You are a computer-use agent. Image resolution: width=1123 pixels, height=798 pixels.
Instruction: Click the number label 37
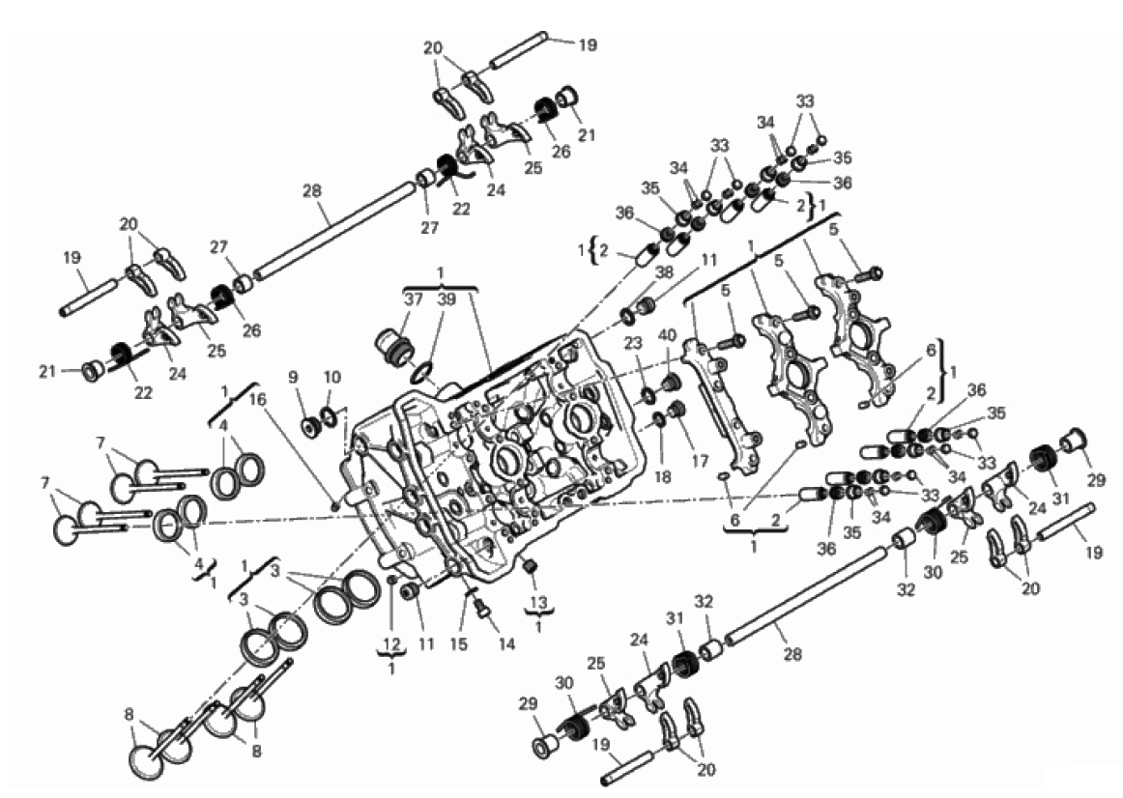(x=414, y=299)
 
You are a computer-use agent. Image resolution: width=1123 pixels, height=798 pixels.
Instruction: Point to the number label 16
(x=257, y=398)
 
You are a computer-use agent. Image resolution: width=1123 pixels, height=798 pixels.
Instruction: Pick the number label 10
(x=331, y=377)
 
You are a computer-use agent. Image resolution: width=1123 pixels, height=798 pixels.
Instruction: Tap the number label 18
(x=662, y=476)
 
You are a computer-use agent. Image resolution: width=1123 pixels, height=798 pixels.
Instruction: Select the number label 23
(x=632, y=343)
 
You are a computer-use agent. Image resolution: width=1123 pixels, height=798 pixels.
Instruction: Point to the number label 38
(x=664, y=272)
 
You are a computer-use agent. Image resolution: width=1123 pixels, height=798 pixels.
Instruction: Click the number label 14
(x=506, y=644)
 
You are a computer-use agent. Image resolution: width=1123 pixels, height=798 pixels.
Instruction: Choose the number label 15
(x=458, y=643)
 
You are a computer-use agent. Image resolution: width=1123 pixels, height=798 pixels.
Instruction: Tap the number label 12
(x=391, y=644)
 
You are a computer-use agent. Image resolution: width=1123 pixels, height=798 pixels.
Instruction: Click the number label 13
(x=538, y=600)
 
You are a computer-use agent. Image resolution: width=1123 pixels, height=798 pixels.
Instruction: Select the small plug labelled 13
(x=531, y=567)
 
